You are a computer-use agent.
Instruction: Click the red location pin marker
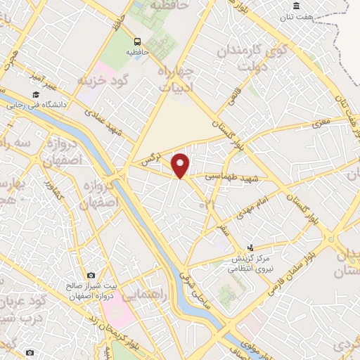click(181, 165)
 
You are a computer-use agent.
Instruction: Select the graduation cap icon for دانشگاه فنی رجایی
click(34, 95)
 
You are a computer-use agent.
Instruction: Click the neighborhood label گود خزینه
click(106, 79)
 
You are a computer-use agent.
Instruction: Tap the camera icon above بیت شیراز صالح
click(91, 275)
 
